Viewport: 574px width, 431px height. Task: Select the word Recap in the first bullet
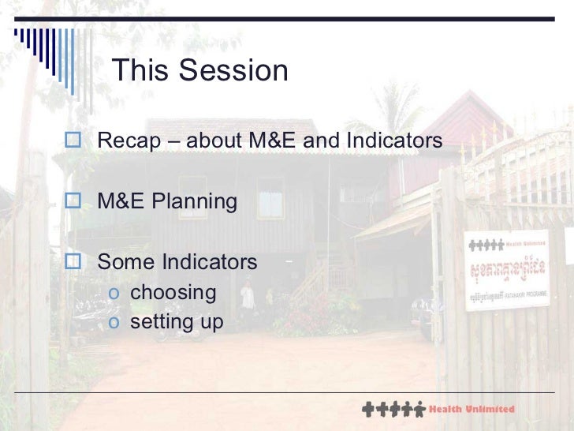point(126,141)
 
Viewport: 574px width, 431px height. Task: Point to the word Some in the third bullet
point(126,261)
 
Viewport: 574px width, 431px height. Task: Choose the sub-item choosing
point(173,293)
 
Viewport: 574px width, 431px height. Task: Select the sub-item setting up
point(177,322)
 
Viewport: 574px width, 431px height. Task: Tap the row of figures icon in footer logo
point(392,410)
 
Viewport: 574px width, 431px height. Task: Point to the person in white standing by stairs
point(247,295)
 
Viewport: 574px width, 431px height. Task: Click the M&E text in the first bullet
point(271,141)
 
